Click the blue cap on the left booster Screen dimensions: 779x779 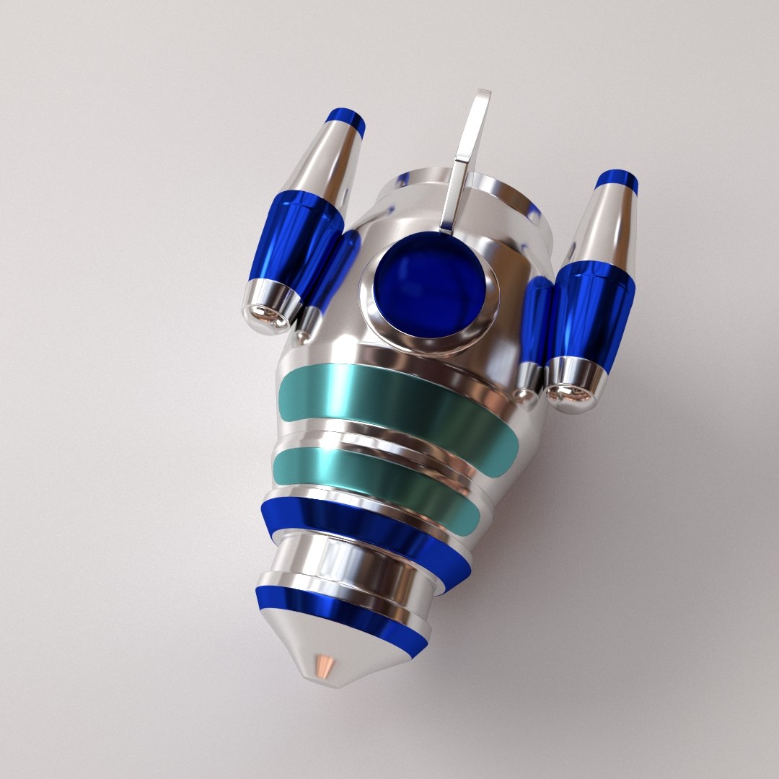pos(346,119)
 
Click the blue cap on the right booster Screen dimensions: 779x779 pos(617,180)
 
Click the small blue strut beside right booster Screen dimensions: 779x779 pos(537,318)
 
